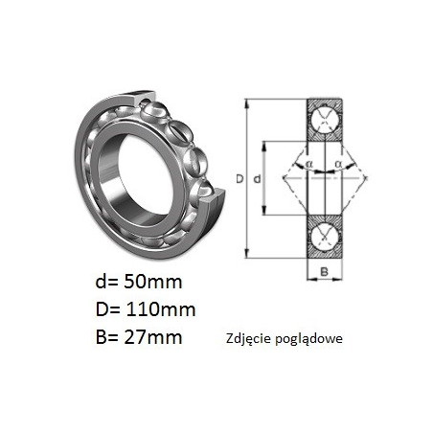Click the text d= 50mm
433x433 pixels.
coord(139,282)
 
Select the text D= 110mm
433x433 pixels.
coord(146,309)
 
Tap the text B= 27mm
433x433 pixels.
coord(139,336)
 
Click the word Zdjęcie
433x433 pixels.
coord(249,339)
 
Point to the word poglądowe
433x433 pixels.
coord(309,339)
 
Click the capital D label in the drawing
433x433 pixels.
coord(239,179)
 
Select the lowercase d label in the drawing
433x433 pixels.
coord(257,179)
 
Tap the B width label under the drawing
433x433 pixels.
coord(324,272)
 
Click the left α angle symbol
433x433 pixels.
coord(309,164)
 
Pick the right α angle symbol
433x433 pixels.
coord(338,164)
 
